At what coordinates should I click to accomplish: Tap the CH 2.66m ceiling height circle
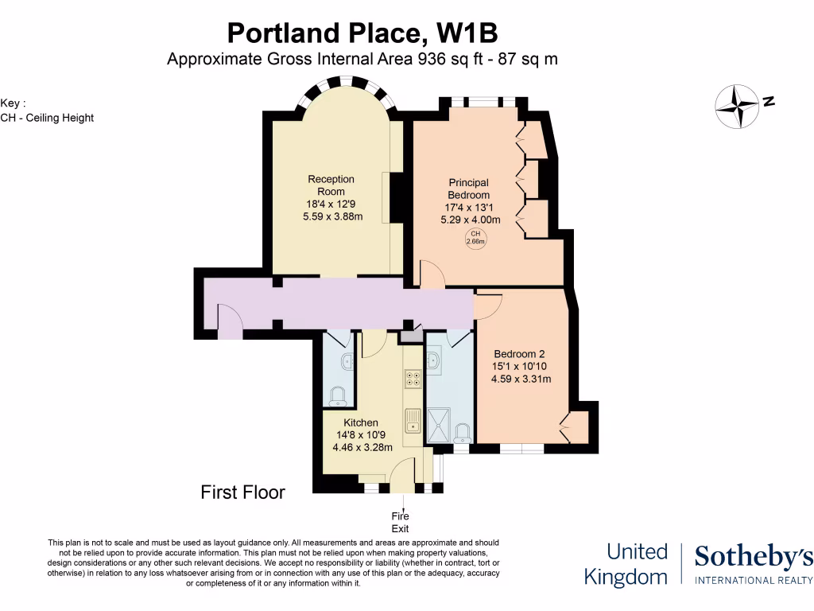(x=475, y=237)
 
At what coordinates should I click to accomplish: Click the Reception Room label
(x=331, y=185)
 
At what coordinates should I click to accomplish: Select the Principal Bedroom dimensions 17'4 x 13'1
(x=468, y=208)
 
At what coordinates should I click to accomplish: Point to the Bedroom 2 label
(x=519, y=354)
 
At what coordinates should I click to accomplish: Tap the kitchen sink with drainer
(x=412, y=419)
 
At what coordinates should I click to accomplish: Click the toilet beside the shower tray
(x=462, y=434)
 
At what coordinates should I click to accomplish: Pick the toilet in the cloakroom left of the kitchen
(x=339, y=395)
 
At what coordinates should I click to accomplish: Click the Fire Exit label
(x=400, y=523)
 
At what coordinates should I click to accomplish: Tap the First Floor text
(x=242, y=492)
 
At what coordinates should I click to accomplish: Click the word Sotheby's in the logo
(x=754, y=558)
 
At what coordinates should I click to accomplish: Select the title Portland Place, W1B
(x=362, y=33)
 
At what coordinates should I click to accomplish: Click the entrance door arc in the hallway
(x=231, y=321)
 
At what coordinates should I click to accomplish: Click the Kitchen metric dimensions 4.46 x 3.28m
(x=360, y=447)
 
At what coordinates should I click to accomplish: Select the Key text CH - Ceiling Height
(x=47, y=118)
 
